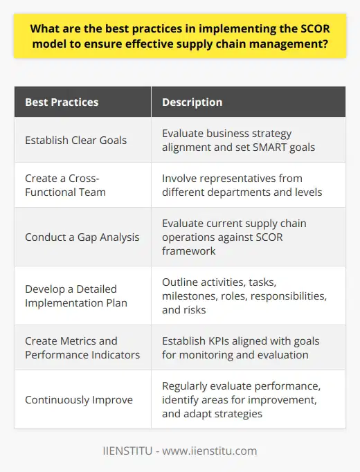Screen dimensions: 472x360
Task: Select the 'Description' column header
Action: pyautogui.click(x=192, y=102)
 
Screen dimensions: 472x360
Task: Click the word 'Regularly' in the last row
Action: pyautogui.click(x=186, y=386)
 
